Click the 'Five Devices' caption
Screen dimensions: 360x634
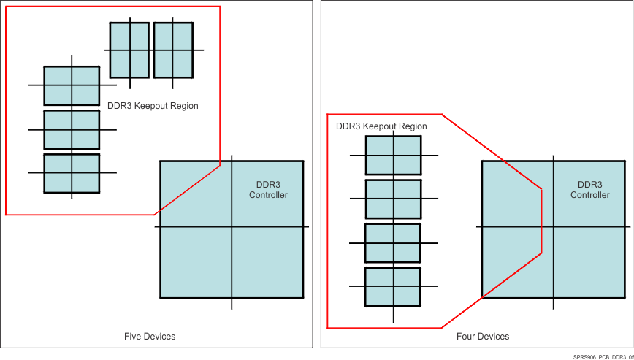tap(150, 337)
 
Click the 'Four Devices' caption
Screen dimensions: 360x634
tap(483, 337)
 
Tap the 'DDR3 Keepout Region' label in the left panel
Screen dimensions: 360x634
tap(153, 106)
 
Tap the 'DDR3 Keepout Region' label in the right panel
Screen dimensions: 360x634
tap(381, 126)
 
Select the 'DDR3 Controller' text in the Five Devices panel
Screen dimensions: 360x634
tap(268, 190)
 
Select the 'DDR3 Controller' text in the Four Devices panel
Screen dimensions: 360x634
tap(589, 190)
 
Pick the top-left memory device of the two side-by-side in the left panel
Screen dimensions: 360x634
tap(129, 50)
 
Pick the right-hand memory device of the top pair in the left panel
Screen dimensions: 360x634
tap(173, 50)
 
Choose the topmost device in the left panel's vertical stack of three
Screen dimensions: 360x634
tap(72, 85)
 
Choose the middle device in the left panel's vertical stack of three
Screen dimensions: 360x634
tap(72, 129)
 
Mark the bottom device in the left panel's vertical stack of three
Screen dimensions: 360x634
tap(72, 173)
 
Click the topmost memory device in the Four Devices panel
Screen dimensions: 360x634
tap(393, 156)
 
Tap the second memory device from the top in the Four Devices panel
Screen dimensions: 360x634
tap(393, 199)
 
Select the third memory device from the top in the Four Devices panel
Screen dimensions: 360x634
tap(393, 243)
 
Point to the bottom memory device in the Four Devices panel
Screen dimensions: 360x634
tap(393, 286)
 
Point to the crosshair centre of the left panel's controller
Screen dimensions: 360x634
tap(232, 227)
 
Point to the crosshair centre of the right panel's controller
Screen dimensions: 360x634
tap(553, 227)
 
